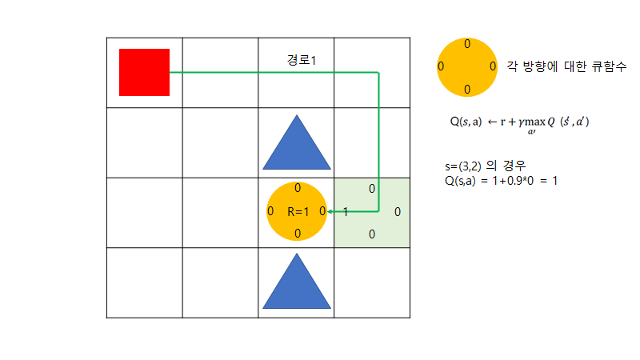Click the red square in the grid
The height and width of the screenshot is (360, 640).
click(x=144, y=72)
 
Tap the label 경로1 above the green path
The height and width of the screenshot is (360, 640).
click(x=302, y=60)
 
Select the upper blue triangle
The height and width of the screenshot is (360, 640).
click(x=297, y=143)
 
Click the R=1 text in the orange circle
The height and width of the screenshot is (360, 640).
click(x=297, y=212)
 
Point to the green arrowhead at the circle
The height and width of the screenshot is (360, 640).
click(x=330, y=212)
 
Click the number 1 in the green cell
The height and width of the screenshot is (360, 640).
click(x=345, y=212)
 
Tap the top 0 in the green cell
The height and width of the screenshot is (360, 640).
click(x=372, y=189)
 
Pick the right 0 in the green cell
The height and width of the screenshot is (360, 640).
click(x=398, y=212)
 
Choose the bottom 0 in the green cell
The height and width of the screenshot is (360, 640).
click(x=372, y=234)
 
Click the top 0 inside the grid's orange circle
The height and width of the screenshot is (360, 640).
click(x=298, y=189)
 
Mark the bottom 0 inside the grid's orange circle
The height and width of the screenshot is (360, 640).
click(x=298, y=234)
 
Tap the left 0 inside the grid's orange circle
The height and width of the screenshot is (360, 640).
click(x=270, y=212)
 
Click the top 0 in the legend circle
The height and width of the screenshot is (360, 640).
click(x=467, y=43)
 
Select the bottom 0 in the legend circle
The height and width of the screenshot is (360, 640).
click(x=467, y=88)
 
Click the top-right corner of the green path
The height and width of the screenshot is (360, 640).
click(x=378, y=73)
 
